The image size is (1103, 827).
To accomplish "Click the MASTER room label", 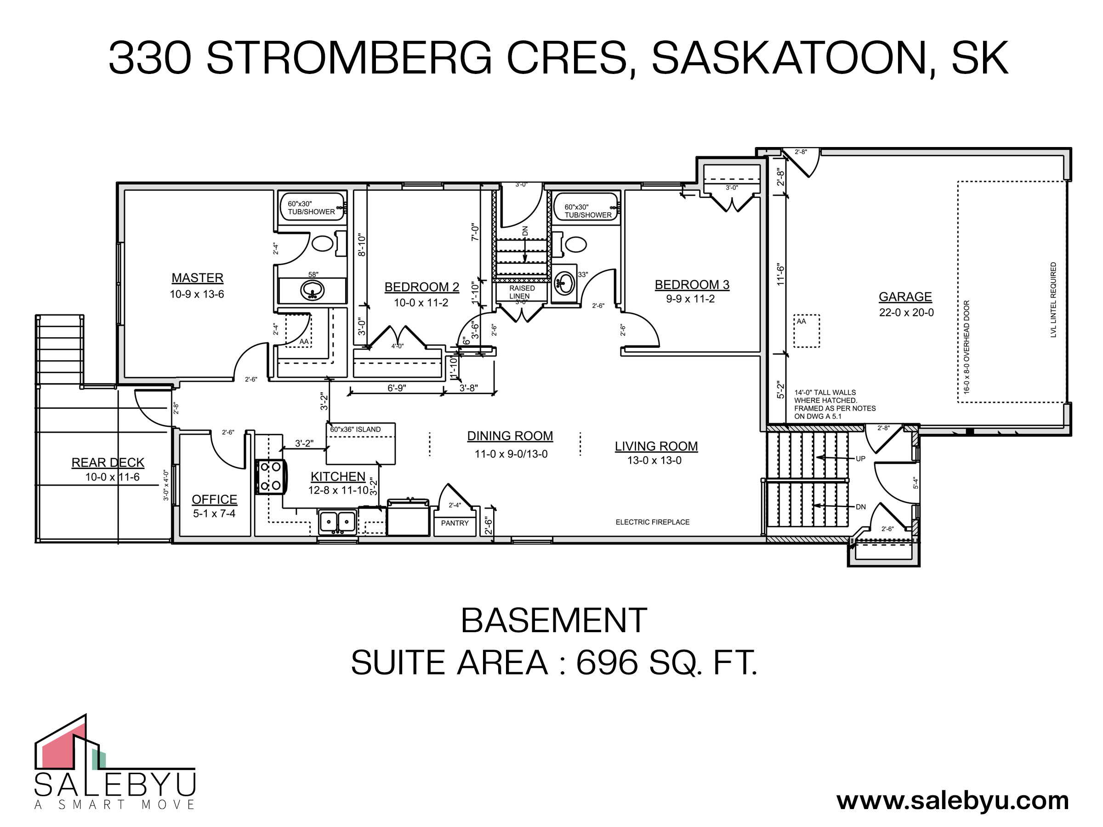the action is coord(198,278).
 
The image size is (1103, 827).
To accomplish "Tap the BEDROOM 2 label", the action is coord(422,287).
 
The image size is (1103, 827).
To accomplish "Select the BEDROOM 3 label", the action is coord(692,285).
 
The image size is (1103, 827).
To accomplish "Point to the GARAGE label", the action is coord(905,297).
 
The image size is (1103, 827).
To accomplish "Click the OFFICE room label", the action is coord(215,499).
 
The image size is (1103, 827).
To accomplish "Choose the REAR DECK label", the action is coord(108,463).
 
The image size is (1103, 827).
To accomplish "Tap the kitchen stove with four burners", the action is coord(271,476).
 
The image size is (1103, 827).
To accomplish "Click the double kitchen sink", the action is coord(338,522).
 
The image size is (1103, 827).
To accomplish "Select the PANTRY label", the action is coord(455,523).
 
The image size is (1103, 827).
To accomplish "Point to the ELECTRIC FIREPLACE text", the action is coord(652,522).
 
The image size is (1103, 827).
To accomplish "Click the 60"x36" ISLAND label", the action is coord(355,429).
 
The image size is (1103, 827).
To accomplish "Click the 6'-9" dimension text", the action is coord(397,388).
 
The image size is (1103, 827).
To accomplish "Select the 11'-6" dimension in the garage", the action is coord(780,275).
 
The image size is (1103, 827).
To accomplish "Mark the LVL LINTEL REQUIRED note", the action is coord(1053,300).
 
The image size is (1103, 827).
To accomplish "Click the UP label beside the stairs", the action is coord(860,459).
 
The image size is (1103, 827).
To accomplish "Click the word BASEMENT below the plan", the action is coord(553,621).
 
